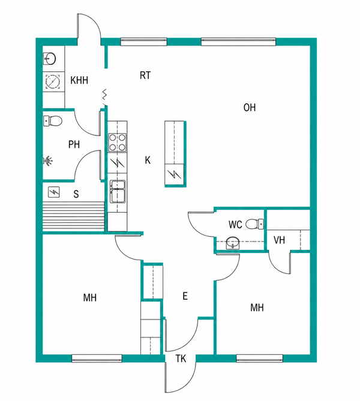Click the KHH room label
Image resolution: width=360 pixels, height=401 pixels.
tap(79, 80)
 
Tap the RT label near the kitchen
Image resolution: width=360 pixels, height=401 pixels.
tap(145, 76)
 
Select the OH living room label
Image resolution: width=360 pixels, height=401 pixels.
tap(250, 107)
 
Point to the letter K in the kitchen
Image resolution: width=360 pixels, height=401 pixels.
tap(148, 161)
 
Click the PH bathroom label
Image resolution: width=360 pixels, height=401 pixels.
tap(74, 144)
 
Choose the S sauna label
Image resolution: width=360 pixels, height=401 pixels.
tap(76, 194)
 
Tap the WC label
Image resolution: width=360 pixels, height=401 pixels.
tap(235, 225)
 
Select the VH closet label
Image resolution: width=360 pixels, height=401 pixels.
tap(279, 240)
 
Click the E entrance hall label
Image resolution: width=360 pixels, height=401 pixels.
tap(185, 296)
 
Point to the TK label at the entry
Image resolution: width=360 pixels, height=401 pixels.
tap(181, 358)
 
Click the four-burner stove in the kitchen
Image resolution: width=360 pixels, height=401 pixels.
tap(117, 142)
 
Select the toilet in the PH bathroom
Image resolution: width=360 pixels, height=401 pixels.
tap(52, 120)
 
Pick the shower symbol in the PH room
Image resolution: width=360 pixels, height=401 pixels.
tap(48, 161)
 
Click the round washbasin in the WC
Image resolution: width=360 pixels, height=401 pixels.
tap(233, 242)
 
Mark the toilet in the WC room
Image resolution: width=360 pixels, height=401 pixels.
tap(255, 224)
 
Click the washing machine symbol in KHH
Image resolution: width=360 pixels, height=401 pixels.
tap(53, 82)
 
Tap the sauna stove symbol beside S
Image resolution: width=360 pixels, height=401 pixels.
tap(54, 192)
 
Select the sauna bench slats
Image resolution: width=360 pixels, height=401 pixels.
tap(73, 216)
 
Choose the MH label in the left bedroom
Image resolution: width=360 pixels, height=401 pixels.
tap(90, 298)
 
